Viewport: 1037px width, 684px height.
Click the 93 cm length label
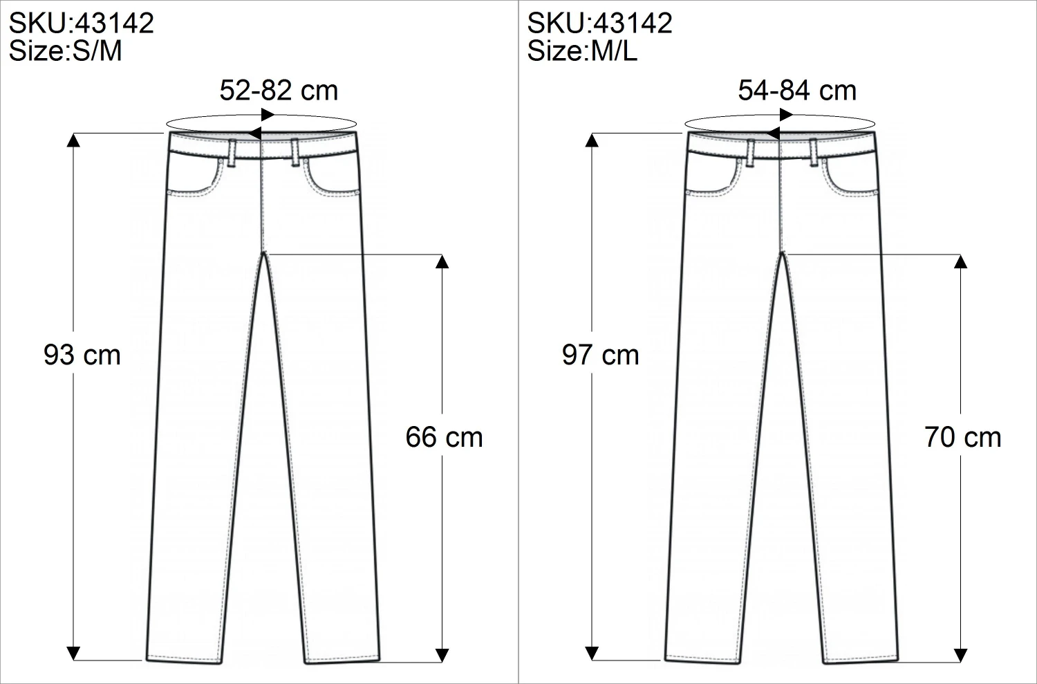pos(82,355)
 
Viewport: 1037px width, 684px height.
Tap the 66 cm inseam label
pos(444,437)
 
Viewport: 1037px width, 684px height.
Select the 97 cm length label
pos(601,355)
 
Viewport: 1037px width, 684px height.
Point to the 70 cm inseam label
pos(963,437)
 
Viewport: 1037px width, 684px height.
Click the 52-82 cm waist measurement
pos(279,91)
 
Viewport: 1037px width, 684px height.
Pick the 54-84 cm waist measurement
pos(797,91)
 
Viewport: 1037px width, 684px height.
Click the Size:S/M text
pos(66,51)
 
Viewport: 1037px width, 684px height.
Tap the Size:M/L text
pos(583,51)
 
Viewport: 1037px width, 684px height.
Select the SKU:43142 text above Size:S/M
pos(82,24)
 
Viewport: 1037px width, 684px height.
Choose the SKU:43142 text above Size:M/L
pos(600,24)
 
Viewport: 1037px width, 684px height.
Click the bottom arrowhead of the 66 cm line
pos(442,654)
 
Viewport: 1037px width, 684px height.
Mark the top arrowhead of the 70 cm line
pos(960,262)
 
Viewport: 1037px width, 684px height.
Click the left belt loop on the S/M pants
pos(232,151)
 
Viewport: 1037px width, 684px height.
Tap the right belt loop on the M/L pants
pos(813,151)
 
